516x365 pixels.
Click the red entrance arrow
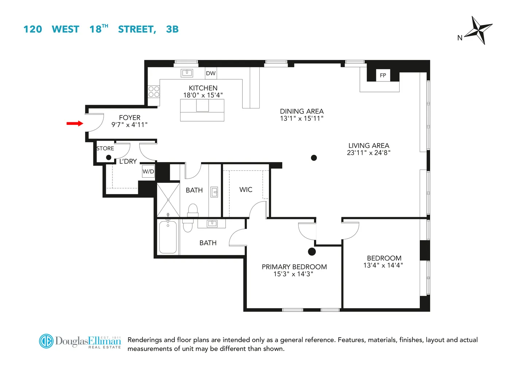75,123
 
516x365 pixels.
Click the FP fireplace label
383,76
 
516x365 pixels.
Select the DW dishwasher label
211,73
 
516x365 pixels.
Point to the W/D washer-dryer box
148,172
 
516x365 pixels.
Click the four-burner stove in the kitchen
154,92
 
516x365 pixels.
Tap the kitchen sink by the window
187,73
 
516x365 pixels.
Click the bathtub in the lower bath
168,237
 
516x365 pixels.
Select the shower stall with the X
168,200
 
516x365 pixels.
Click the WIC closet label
246,190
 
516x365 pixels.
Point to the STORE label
105,149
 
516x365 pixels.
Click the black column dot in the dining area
314,158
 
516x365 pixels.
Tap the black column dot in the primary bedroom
312,251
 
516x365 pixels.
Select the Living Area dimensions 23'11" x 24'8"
369,153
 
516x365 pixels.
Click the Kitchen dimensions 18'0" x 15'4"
203,95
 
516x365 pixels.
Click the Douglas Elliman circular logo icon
46,341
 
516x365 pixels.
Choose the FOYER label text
129,118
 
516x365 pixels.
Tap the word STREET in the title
137,29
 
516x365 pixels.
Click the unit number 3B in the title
172,29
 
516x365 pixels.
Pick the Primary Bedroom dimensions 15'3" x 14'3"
294,274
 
